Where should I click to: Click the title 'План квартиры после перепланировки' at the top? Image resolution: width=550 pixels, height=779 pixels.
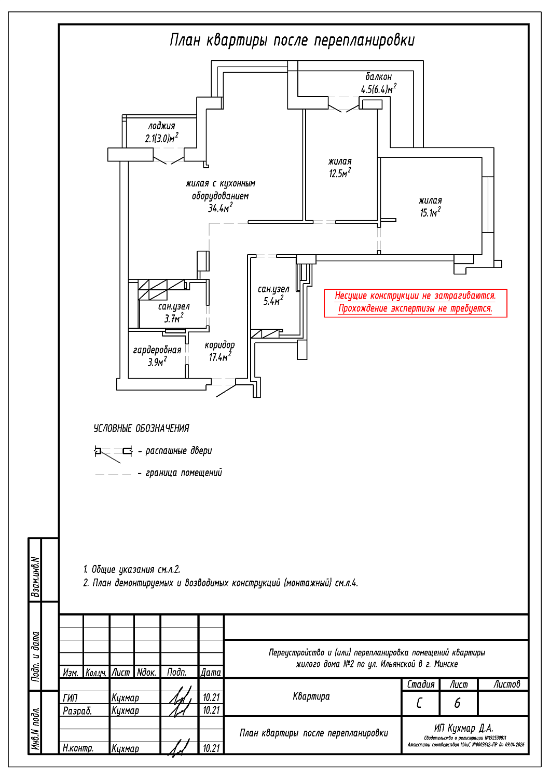(292, 41)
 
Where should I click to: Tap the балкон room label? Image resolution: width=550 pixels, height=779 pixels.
(378, 77)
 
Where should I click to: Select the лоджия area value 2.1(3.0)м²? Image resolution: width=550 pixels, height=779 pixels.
(161, 138)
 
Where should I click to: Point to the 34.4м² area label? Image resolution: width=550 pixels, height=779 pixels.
(220, 208)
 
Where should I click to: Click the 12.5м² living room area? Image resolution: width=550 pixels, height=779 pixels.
(340, 173)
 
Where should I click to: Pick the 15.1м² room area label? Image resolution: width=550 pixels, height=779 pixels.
(430, 212)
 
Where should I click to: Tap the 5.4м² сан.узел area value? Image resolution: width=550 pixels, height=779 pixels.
(273, 301)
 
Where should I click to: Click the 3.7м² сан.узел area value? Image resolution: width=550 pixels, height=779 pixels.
(174, 318)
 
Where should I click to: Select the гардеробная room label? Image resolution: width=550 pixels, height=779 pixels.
(157, 350)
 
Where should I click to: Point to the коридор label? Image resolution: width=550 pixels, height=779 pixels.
(219, 345)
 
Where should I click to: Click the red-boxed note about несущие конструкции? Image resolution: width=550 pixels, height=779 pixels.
(415, 302)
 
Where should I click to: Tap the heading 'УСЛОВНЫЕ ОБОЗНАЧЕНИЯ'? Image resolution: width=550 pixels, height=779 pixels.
(141, 428)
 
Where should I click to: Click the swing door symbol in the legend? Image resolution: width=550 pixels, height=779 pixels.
(113, 452)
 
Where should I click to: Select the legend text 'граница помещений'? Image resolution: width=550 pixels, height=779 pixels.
(184, 473)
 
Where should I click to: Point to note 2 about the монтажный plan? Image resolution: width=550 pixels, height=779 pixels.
(221, 583)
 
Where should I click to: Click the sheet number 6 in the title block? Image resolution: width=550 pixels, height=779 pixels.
(457, 703)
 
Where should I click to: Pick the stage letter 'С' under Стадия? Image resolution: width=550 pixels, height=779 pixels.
(419, 703)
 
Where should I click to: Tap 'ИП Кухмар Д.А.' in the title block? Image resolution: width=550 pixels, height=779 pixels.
(463, 728)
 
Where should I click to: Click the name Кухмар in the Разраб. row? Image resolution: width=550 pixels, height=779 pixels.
(125, 710)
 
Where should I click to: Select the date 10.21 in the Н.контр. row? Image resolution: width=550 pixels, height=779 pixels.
(211, 748)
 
